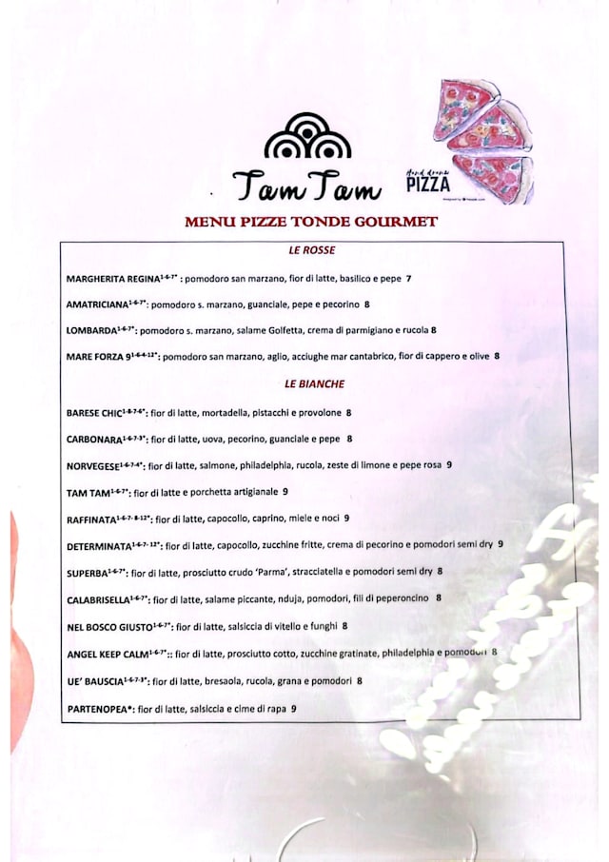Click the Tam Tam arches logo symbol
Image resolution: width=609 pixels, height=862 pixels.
(307, 137)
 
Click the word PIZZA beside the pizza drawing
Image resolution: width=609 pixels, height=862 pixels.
(427, 183)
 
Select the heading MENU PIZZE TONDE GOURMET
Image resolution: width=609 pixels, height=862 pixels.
(311, 222)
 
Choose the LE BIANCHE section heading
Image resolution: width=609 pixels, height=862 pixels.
(314, 384)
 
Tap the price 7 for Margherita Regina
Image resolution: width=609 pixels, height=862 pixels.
(408, 279)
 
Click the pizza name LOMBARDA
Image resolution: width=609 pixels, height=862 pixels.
(90, 331)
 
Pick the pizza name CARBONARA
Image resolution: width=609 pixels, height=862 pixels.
(94, 440)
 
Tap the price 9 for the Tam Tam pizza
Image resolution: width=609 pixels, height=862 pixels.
(285, 492)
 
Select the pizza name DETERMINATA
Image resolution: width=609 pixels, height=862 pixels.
(99, 546)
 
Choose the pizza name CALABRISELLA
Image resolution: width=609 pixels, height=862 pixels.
(99, 599)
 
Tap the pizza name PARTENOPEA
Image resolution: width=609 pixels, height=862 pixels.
(99, 709)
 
